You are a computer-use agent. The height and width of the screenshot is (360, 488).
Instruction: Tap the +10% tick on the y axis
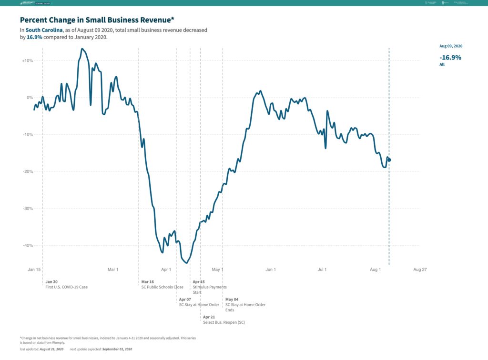tap(27, 61)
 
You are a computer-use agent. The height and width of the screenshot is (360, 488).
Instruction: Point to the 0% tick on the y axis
tap(30, 98)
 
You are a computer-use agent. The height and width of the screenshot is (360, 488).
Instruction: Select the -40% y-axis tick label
tap(27, 246)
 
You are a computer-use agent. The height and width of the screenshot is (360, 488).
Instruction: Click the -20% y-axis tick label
tap(27, 171)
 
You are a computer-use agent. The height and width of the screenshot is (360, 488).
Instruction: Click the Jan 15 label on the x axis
tap(35, 270)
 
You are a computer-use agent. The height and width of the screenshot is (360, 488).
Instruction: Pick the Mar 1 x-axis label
tap(113, 270)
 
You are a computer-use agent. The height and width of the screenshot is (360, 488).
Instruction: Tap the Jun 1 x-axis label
tap(271, 270)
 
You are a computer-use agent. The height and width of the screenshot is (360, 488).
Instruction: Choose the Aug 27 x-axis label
tap(420, 270)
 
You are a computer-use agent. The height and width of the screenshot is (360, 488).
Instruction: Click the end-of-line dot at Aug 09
tap(389, 160)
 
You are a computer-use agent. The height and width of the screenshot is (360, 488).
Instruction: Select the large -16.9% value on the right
tap(450, 57)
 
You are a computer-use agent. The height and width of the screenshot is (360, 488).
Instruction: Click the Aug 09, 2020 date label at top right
tap(451, 46)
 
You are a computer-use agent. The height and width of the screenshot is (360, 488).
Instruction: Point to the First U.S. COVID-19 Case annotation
tap(67, 287)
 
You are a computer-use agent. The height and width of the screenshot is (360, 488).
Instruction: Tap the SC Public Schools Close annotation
tap(162, 287)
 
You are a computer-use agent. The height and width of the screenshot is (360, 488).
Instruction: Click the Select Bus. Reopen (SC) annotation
tap(224, 323)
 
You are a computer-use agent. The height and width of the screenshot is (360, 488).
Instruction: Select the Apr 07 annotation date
tap(185, 299)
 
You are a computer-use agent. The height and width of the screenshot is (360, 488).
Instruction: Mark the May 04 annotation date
tap(232, 299)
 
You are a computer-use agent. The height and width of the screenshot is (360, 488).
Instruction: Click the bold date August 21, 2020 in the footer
tap(51, 350)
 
